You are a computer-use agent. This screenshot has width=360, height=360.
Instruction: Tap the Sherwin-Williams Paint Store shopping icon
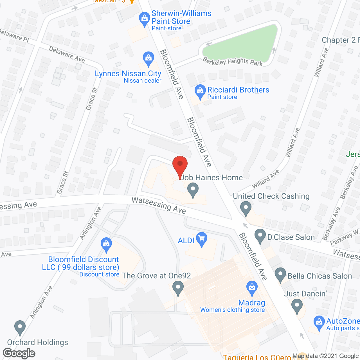145,19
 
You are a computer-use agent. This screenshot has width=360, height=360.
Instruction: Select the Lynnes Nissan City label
128,74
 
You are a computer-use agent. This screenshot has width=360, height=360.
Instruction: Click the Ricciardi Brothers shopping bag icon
200,91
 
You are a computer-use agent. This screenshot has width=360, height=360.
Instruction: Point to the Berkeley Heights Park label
233,61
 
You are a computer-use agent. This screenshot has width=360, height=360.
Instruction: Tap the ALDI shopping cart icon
202,239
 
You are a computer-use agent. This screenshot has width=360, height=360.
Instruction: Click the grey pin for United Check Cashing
246,208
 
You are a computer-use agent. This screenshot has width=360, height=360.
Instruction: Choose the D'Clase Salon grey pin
260,236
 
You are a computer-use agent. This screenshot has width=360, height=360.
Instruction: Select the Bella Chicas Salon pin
280,274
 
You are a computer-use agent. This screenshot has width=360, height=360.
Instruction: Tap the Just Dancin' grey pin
297,306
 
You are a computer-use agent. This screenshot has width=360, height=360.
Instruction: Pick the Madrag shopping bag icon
252,288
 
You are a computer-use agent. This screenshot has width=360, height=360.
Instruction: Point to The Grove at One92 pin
178,288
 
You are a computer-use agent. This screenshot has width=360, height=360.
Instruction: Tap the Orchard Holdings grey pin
20,327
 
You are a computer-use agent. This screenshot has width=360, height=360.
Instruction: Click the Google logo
19,353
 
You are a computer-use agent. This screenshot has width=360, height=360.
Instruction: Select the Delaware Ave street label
67,54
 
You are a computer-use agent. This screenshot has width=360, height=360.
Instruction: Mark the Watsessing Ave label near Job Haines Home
159,205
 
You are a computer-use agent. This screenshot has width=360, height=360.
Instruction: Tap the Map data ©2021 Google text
325,356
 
